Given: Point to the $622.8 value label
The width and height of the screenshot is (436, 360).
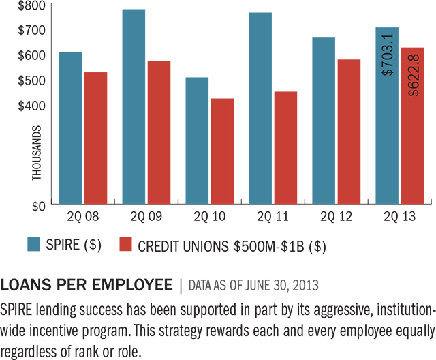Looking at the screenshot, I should pyautogui.click(x=412, y=75).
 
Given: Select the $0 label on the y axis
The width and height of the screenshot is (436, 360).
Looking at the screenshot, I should pyautogui.click(x=37, y=205).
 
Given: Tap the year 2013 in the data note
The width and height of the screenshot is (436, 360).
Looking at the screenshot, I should pyautogui.click(x=316, y=284).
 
